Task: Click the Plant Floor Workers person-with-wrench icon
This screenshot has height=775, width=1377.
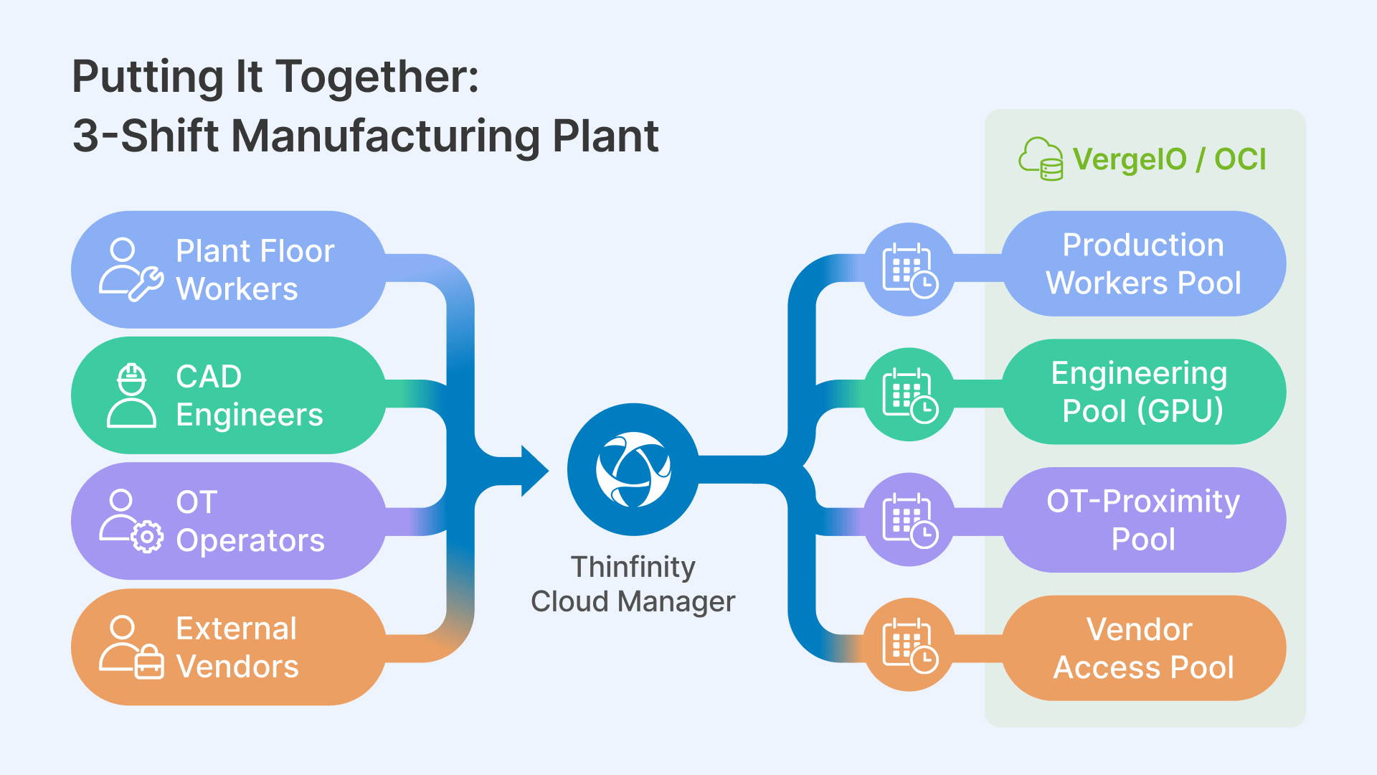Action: pos(131,270)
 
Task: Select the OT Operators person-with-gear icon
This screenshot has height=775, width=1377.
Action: pos(131,521)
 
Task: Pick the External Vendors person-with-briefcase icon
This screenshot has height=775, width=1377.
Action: pos(131,647)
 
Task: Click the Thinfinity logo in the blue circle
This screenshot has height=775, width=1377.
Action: pos(633,469)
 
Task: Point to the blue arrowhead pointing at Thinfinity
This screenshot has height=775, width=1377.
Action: pos(534,471)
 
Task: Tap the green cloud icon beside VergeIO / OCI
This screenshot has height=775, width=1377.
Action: pos(1041,159)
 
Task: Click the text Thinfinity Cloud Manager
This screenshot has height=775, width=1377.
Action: pos(633,584)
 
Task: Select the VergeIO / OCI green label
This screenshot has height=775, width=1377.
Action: pos(1169,159)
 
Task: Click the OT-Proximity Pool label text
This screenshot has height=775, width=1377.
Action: pos(1143,520)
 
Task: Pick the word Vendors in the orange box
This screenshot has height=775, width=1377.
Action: pos(237,667)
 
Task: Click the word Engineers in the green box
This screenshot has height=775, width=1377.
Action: pos(250,415)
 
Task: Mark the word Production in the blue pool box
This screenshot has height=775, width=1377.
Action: pos(1143,245)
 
